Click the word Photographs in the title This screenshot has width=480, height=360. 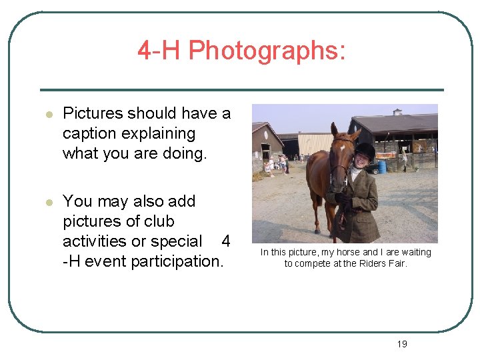pos(267,50)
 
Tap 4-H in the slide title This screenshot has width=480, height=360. pos(159,50)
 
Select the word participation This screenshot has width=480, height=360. pos(177,261)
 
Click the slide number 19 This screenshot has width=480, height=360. pos(401,344)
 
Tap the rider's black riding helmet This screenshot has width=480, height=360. pos(365,151)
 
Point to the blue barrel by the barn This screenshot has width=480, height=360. pos(382,166)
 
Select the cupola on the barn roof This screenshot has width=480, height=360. pos(398,112)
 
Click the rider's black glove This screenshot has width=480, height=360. pos(343,199)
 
